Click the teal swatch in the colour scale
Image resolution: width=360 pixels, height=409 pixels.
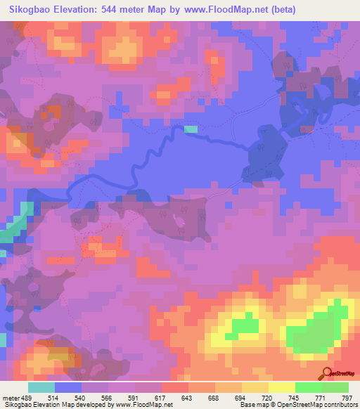[x=41, y=387]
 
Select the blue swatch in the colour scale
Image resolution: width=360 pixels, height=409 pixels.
[x=67, y=387]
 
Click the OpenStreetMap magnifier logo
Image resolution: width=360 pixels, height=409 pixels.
[x=326, y=373]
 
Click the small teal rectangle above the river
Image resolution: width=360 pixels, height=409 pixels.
[x=191, y=129]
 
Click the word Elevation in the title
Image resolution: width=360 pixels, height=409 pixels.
[x=85, y=10]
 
